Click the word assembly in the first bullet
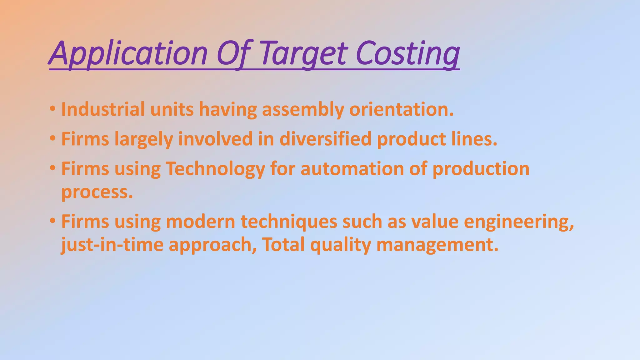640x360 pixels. point(302,110)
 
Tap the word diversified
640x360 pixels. point(325,139)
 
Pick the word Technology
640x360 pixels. point(215,169)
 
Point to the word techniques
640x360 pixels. point(289,222)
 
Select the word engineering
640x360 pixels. point(519,222)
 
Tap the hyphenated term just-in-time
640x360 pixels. point(112,245)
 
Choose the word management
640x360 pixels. point(437,245)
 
